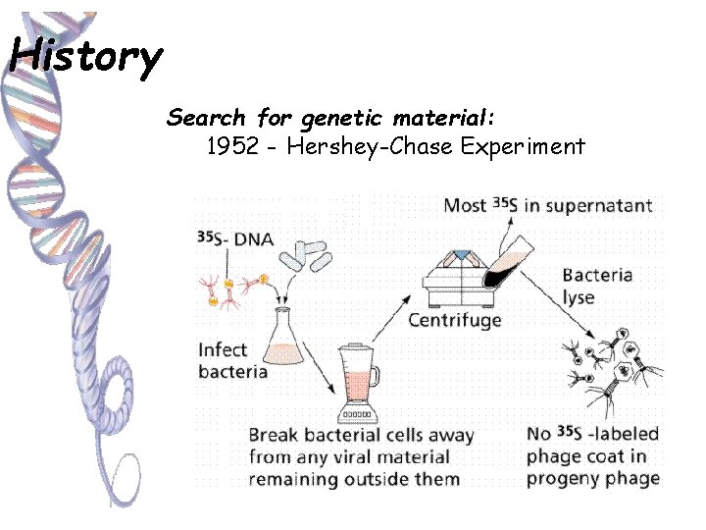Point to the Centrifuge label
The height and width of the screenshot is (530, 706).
point(454,320)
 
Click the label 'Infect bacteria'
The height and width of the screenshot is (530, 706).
point(232,360)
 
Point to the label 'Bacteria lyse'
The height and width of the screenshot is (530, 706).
point(596,286)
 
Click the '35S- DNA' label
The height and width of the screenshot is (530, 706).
point(235,238)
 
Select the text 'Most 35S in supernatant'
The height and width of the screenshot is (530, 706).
point(547,205)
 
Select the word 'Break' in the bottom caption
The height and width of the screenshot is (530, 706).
point(275,435)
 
